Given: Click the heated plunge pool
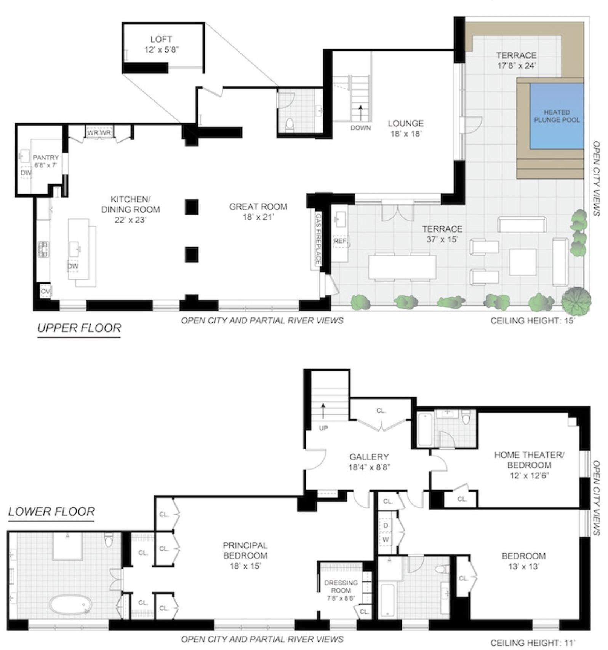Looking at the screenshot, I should [557, 116].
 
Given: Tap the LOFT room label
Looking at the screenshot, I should [161, 39].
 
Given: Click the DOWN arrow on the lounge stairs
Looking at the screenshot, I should [360, 113].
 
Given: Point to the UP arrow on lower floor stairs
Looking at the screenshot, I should [323, 411].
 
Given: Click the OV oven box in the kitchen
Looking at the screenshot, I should [45, 292].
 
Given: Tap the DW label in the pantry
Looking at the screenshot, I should [26, 173].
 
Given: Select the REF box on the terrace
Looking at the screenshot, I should [340, 241].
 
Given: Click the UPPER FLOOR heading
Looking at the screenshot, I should [79, 328].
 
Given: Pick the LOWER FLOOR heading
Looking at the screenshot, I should [51, 511].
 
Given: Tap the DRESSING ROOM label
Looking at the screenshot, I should [341, 586].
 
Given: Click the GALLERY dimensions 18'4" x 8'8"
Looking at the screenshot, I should [368, 467].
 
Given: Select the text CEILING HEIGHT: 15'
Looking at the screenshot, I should [532, 320].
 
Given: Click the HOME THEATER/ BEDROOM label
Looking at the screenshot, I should [529, 460].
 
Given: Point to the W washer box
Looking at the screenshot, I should [386, 539].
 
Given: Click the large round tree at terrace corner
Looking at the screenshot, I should [576, 300].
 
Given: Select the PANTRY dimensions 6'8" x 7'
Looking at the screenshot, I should [45, 166].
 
